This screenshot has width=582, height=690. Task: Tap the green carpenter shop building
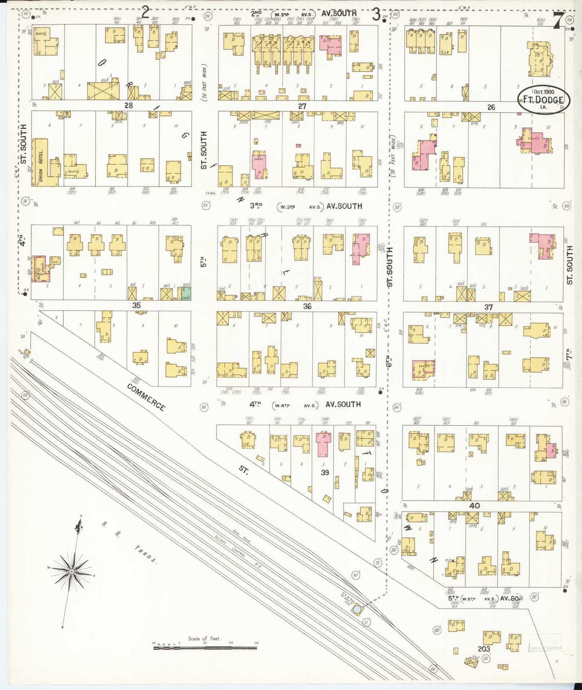[186, 293]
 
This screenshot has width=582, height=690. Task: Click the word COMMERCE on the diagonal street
[146, 397]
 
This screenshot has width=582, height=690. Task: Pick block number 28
[128, 105]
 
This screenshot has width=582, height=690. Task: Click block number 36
[307, 307]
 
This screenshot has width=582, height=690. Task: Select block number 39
[325, 473]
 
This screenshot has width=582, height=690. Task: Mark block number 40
[474, 506]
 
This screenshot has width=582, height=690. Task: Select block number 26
[491, 107]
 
